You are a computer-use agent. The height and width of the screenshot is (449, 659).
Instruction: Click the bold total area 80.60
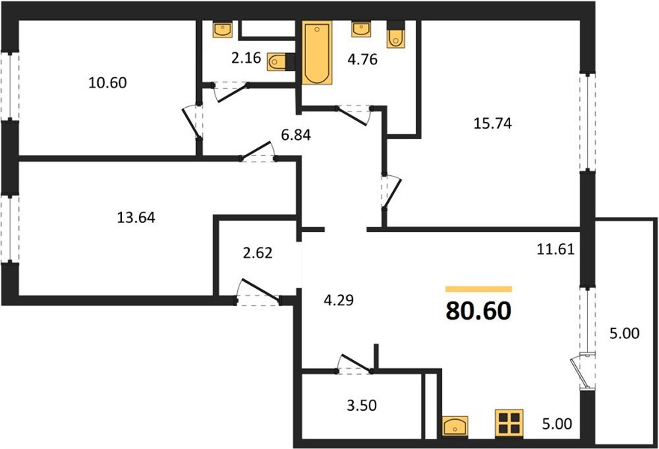(478, 311)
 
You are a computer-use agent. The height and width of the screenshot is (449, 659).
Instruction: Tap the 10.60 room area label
(107, 83)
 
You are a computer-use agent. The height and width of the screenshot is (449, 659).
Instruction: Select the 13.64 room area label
(135, 218)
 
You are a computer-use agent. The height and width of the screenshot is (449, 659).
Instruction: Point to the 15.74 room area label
(493, 123)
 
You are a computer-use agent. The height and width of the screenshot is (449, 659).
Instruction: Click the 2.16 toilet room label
(246, 58)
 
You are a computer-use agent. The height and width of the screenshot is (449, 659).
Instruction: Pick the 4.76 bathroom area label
(362, 59)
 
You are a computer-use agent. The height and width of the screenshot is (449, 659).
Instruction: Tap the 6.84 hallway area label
(296, 135)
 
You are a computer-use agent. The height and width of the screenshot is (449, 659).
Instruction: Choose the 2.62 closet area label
(257, 253)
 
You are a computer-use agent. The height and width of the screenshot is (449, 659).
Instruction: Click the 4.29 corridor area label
(339, 300)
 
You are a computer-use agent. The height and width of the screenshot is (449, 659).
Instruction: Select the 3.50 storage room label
(361, 406)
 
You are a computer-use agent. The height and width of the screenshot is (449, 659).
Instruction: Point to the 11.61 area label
(555, 250)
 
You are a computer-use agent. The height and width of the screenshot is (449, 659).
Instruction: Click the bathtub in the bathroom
(317, 52)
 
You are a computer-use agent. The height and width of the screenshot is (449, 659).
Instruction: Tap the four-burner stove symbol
(509, 422)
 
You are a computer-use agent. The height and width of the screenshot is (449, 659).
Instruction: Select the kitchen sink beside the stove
(455, 426)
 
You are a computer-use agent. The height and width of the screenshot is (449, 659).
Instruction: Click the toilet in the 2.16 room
(281, 62)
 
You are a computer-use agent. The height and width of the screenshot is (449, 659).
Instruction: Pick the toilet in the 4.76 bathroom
(395, 34)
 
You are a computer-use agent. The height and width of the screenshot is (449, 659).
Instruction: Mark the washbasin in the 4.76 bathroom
(361, 29)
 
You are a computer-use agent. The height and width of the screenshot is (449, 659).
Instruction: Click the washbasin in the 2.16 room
(222, 29)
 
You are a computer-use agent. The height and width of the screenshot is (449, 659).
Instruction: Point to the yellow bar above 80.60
(479, 289)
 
